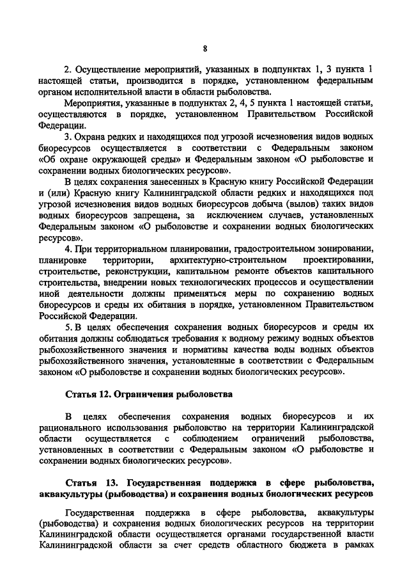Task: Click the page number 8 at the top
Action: pos(204,48)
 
